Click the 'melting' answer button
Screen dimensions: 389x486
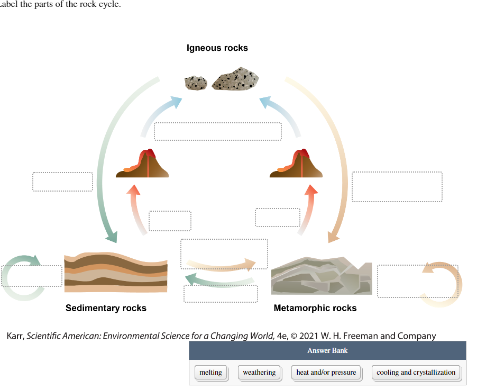click(x=210, y=373)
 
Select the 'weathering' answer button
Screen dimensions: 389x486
click(x=259, y=373)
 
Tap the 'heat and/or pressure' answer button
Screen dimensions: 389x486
click(x=326, y=373)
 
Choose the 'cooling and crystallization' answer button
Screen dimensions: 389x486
click(x=416, y=373)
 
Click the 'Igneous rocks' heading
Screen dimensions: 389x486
click(x=217, y=48)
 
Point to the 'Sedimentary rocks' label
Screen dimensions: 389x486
click(x=106, y=308)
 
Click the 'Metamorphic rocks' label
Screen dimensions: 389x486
click(x=315, y=308)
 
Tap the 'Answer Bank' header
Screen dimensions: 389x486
click(x=327, y=350)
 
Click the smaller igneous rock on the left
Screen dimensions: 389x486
click(x=196, y=83)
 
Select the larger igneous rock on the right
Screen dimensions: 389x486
click(x=236, y=79)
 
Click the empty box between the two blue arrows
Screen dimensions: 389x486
click(x=217, y=131)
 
